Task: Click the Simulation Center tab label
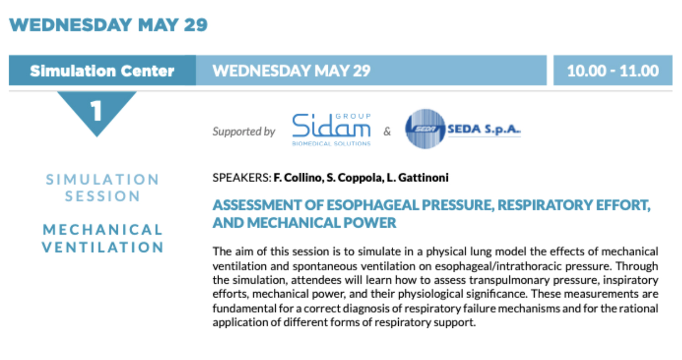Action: tap(102, 70)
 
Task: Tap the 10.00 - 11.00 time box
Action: tap(612, 70)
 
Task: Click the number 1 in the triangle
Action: tap(96, 111)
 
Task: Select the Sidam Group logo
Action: tap(331, 130)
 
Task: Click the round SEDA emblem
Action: tap(425, 129)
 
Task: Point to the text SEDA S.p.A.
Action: tap(484, 129)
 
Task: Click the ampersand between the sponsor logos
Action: tap(387, 131)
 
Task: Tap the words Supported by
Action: tap(244, 131)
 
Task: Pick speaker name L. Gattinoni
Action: tap(417, 177)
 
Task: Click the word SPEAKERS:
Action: tap(242, 177)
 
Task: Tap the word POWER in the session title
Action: tap(370, 223)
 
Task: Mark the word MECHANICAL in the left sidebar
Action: tap(103, 230)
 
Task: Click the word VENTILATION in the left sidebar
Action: tap(103, 247)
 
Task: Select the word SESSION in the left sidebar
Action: tap(103, 196)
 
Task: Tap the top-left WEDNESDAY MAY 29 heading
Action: tap(108, 25)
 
